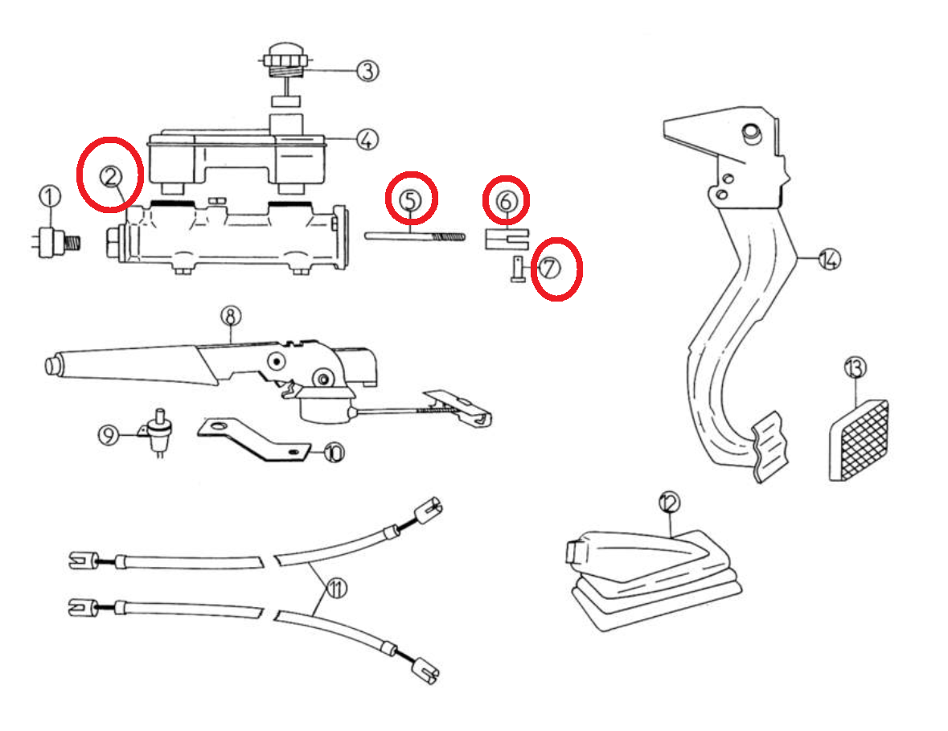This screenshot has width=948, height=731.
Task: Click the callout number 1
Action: [x=50, y=196]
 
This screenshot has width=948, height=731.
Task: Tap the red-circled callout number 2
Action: [x=110, y=175]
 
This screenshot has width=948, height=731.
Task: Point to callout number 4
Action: [x=366, y=140]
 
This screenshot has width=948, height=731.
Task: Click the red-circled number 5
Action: [x=411, y=198]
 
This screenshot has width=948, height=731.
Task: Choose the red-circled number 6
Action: [x=505, y=200]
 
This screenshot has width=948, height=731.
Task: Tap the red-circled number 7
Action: [x=551, y=268]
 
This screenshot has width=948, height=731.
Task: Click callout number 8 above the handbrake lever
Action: [x=231, y=317]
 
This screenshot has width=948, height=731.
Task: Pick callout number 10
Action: [x=334, y=454]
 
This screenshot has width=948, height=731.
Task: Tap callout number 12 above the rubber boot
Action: [x=669, y=503]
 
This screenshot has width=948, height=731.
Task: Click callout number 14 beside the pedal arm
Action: [x=829, y=259]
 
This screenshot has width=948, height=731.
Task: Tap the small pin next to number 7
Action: [x=516, y=268]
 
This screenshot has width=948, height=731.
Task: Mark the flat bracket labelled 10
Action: [x=254, y=441]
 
